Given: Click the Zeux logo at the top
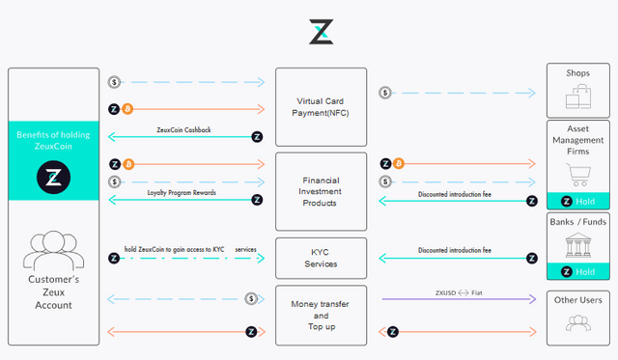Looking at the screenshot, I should [x=321, y=31].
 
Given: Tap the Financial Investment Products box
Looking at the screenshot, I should [x=321, y=190].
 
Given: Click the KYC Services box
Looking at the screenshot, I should [x=321, y=258].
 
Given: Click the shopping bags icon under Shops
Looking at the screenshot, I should [x=579, y=97].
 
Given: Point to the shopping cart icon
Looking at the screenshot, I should [x=579, y=174].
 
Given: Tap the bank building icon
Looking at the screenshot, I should [x=579, y=244].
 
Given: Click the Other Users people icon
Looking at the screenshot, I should [x=579, y=323].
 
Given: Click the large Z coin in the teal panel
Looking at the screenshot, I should [x=53, y=177].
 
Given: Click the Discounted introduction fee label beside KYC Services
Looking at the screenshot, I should [x=455, y=250].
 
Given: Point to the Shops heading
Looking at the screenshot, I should [x=579, y=74].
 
